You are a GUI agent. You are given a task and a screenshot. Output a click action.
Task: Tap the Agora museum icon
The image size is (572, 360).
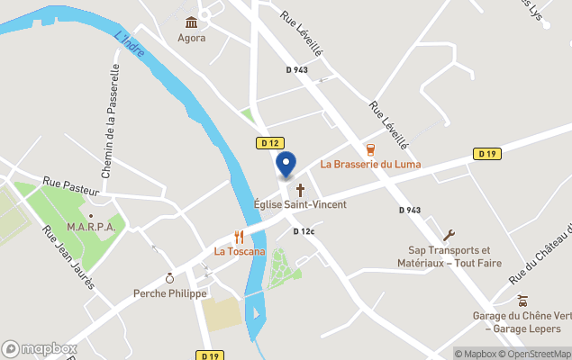click(191, 22)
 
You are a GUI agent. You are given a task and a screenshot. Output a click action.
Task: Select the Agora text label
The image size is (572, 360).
click(191, 38)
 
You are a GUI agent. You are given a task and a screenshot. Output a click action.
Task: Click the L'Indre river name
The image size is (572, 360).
click(130, 45)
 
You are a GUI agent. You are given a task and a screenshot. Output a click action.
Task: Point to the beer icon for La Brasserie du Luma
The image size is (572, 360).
click(369, 149)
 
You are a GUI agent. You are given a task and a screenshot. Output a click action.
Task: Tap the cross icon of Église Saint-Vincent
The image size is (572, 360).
click(300, 190)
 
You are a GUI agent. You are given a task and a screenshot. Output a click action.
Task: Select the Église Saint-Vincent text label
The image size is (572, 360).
click(300, 204)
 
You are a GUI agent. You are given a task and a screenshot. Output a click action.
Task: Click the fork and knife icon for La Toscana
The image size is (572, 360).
click(240, 237)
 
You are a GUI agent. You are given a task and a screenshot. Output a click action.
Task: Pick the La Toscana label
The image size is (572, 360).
click(240, 251)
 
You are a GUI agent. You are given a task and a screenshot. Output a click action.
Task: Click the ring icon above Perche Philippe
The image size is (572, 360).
click(169, 279)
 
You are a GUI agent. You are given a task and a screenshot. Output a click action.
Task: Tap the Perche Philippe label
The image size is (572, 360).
click(169, 293)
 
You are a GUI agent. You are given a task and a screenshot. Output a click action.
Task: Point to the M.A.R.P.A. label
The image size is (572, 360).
click(91, 228)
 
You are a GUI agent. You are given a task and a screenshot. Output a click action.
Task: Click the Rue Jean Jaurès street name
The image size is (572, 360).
click(68, 256)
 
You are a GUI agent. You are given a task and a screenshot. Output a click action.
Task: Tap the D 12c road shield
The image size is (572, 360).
click(304, 231)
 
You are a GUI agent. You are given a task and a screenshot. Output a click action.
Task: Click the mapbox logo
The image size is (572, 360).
click(40, 348)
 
